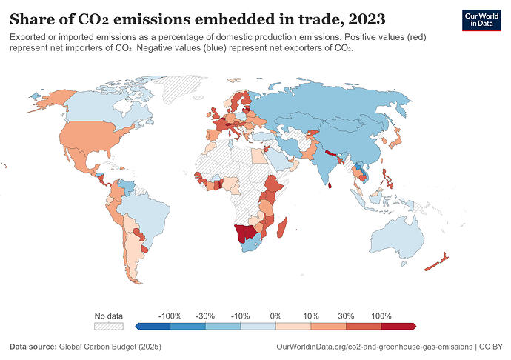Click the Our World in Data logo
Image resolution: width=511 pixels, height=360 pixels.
[x=481, y=20]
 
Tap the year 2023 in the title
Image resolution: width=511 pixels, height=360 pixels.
[x=367, y=19]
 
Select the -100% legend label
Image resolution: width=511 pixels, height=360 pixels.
[x=170, y=316]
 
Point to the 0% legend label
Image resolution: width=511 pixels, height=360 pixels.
[x=275, y=316]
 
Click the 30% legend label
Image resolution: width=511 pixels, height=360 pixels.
[x=346, y=316]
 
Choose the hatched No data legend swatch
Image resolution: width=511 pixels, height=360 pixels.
[x=109, y=326]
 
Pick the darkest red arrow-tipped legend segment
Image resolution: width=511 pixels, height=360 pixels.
[x=398, y=326]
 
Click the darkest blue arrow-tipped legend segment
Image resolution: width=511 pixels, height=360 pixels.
[x=153, y=326]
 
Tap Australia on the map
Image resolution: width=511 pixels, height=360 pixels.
[x=397, y=238]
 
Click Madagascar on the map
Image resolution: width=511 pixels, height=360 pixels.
[x=282, y=228]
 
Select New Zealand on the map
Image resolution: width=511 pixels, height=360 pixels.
[x=437, y=263]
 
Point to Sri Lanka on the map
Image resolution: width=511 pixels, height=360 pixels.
[x=330, y=185]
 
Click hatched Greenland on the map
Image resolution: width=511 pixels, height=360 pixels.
[x=181, y=87]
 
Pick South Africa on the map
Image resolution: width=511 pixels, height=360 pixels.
[x=252, y=244]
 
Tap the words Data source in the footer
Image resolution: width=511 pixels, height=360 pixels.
[x=33, y=347]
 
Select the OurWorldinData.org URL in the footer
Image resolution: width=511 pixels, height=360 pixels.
[x=374, y=347]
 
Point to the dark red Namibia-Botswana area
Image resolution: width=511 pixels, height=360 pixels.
[x=245, y=233]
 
